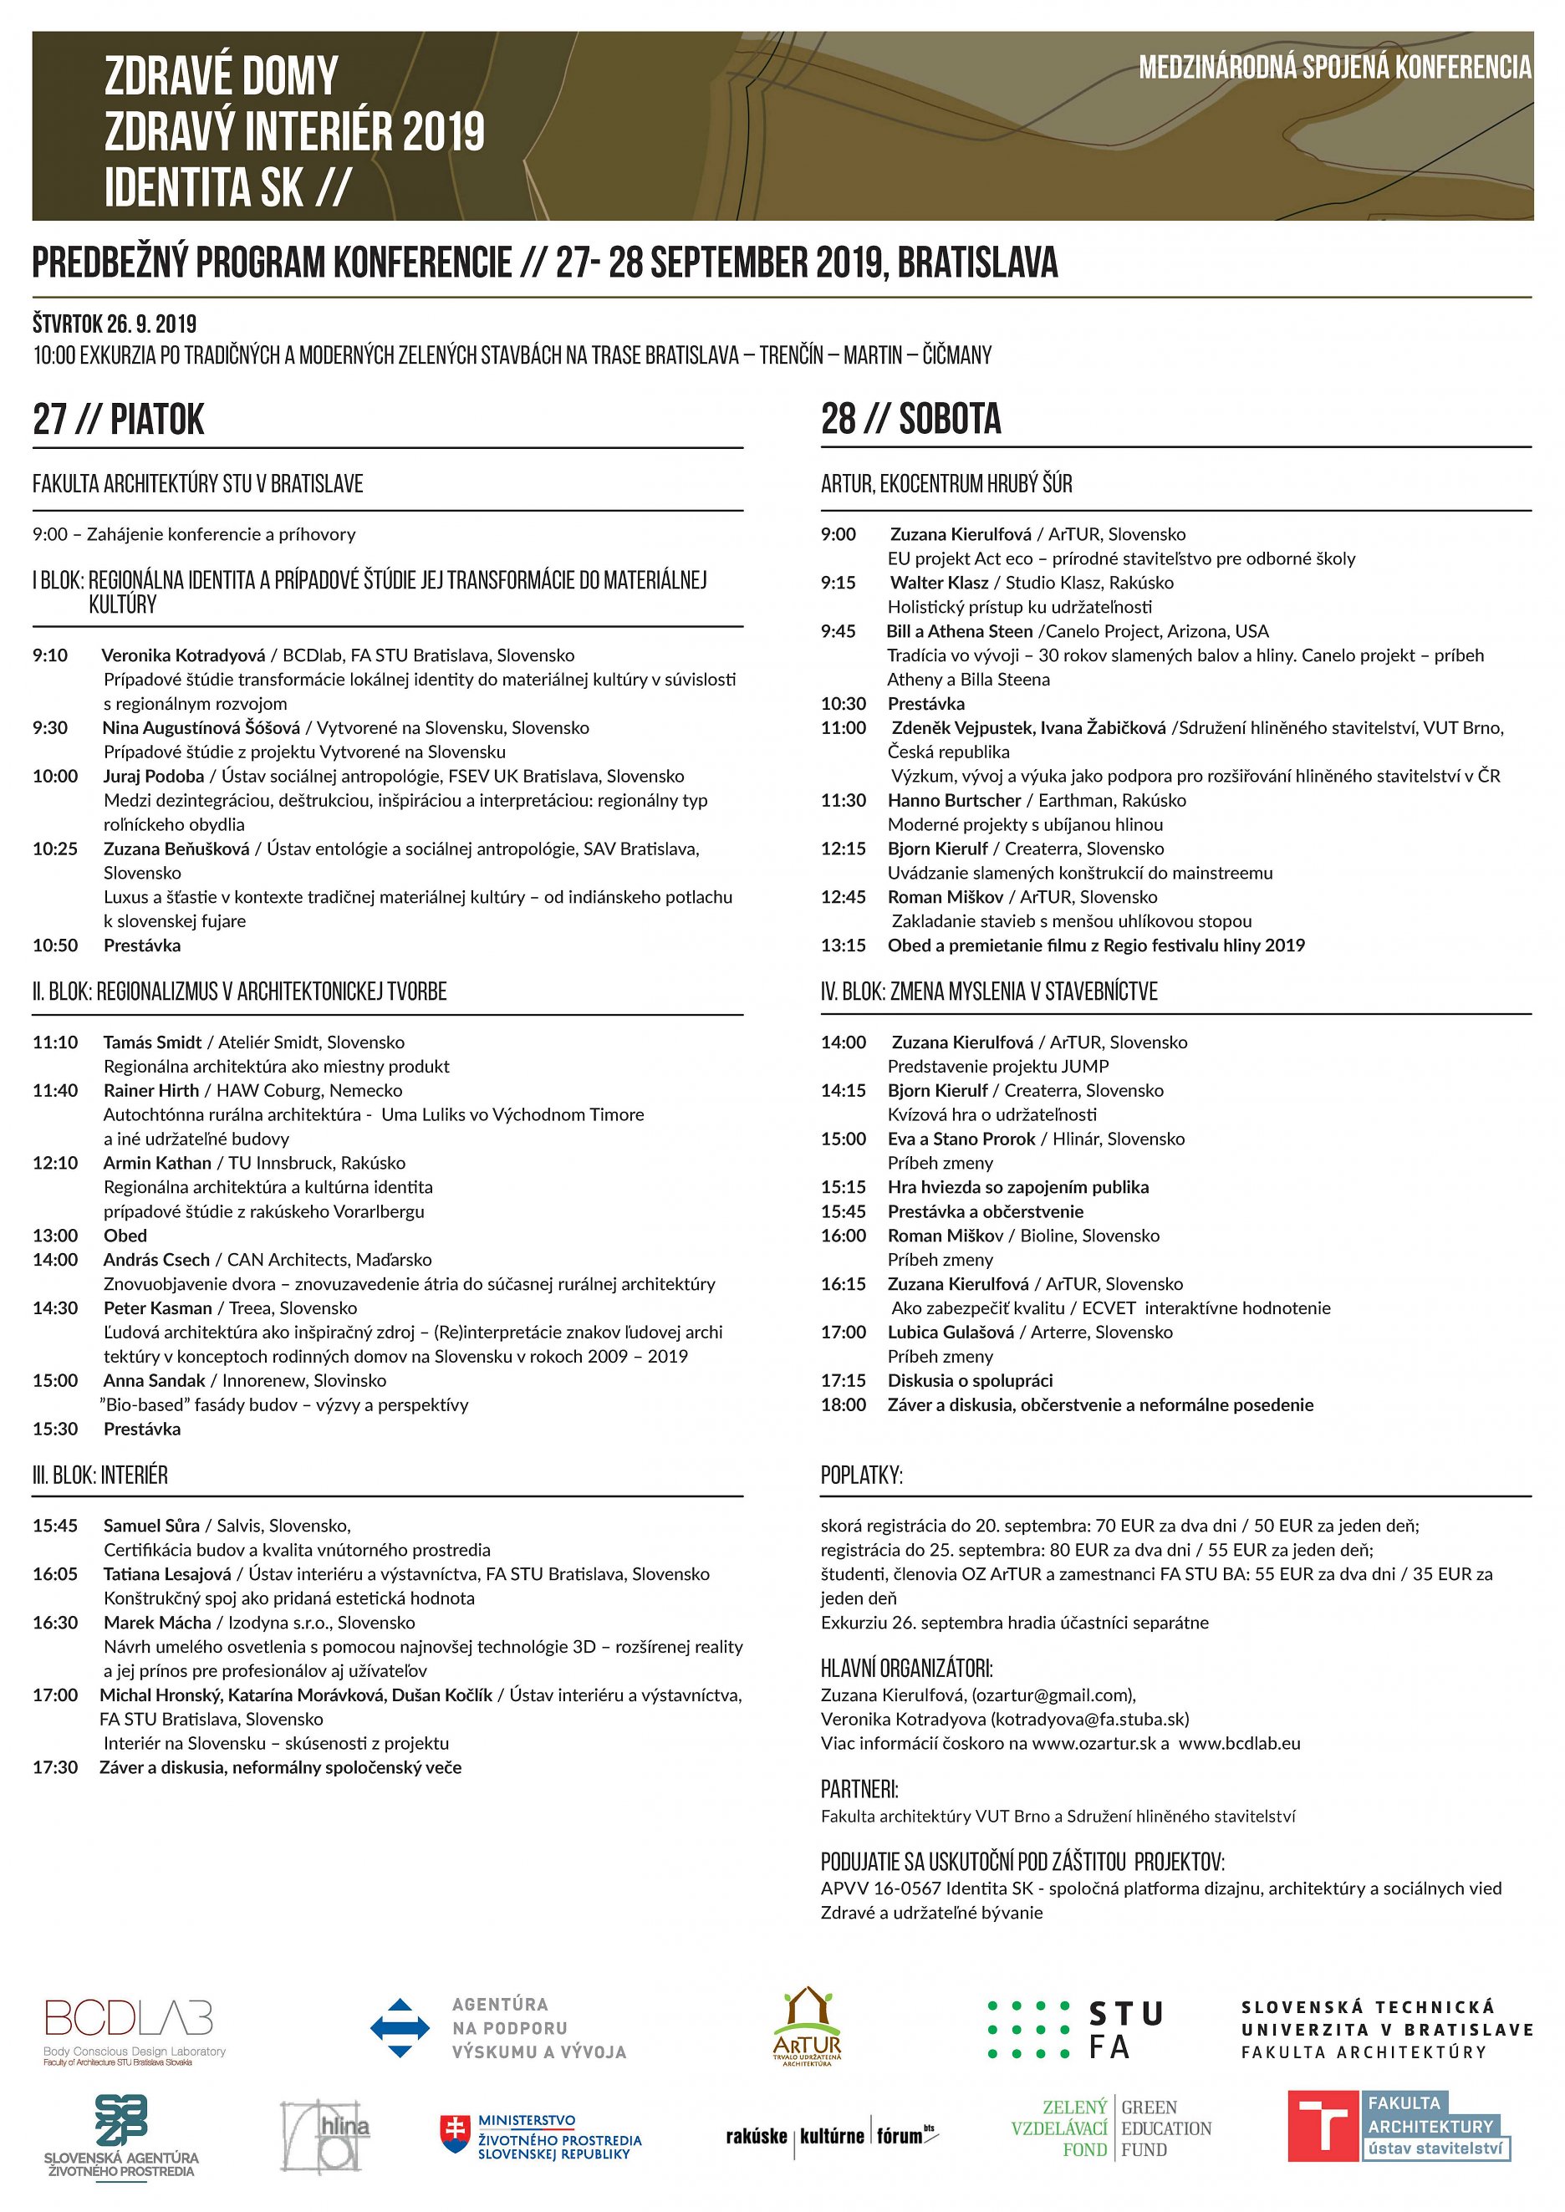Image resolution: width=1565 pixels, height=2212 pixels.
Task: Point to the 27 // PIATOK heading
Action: point(119,420)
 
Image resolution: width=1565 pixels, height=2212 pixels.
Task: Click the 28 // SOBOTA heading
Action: point(910,419)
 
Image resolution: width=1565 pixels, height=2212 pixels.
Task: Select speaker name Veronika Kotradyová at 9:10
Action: point(183,655)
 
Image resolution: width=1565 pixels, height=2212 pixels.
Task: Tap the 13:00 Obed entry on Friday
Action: point(125,1235)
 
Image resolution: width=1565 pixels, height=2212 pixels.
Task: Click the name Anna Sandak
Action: point(154,1379)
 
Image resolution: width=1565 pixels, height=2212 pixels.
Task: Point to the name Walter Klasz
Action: point(939,582)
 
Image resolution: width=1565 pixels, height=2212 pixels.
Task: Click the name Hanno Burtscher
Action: point(954,800)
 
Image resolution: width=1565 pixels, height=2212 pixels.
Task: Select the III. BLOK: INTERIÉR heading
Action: point(100,1475)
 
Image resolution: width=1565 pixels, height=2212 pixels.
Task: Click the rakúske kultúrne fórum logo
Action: point(831,2135)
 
